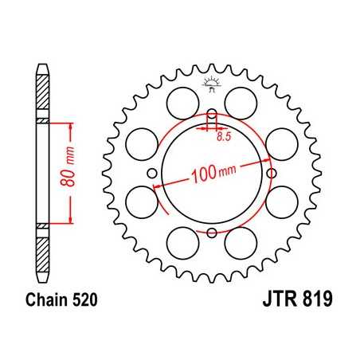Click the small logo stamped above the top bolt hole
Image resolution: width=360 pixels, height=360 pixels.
(x=211, y=81)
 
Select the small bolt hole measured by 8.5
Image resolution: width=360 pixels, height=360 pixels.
(x=211, y=112)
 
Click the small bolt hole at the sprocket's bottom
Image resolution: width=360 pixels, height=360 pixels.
(x=211, y=233)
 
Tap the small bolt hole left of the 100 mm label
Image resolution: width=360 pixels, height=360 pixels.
(x=151, y=173)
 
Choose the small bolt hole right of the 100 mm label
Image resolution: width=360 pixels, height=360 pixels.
(x=272, y=173)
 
